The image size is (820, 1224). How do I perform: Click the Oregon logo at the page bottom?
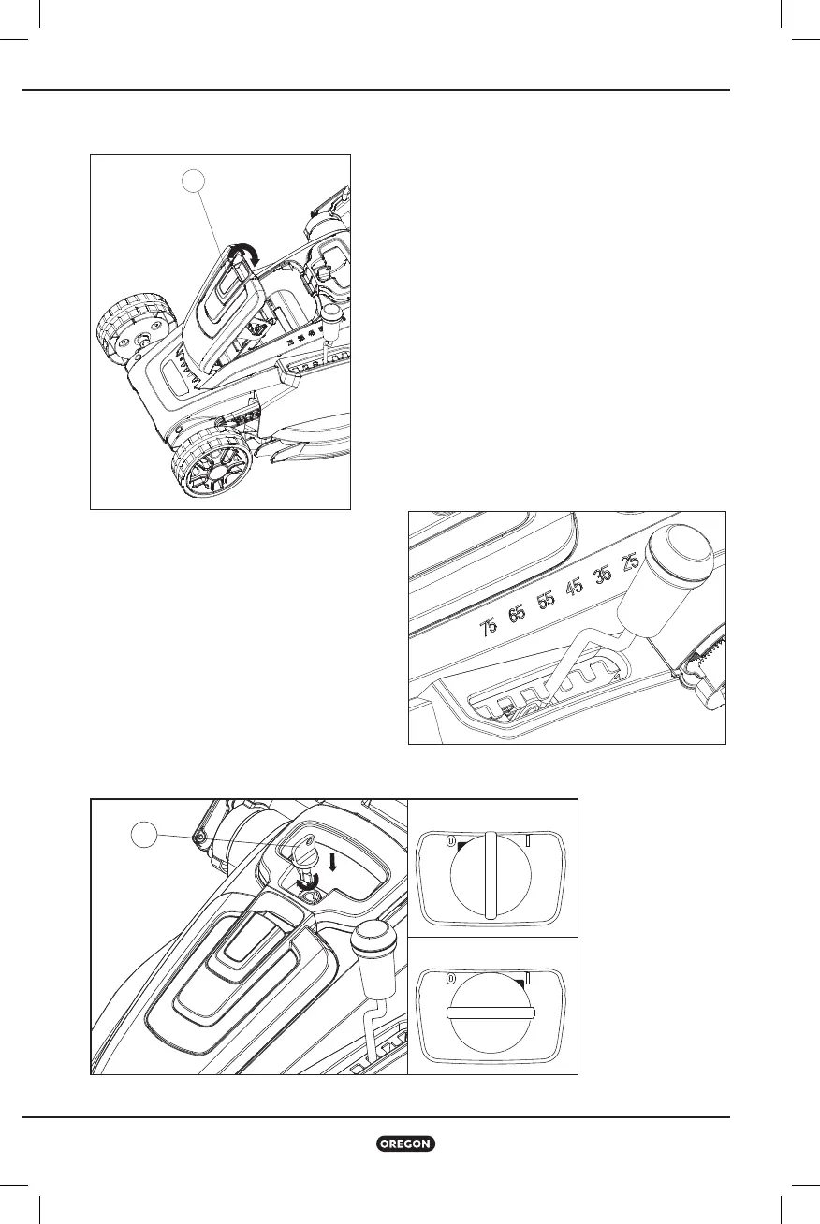click(405, 1144)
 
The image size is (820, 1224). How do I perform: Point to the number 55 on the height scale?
click(545, 600)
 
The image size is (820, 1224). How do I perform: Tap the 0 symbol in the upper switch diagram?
click(450, 842)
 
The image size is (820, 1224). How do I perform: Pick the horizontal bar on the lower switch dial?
click(491, 1013)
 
